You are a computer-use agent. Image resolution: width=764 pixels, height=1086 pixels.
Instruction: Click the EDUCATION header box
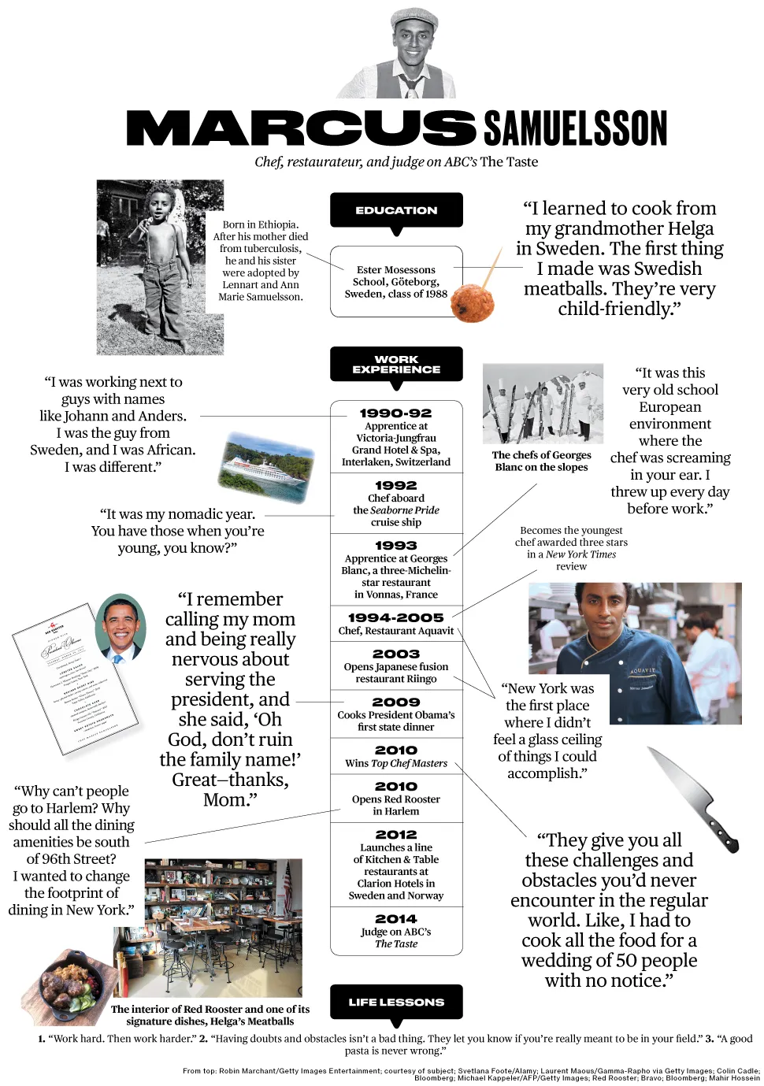[396, 210]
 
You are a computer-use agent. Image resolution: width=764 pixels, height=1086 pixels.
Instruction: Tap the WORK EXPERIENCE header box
[396, 364]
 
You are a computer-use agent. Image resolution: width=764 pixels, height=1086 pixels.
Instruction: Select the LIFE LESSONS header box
[396, 1002]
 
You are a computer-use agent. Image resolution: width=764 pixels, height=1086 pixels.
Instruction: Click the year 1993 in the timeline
[395, 545]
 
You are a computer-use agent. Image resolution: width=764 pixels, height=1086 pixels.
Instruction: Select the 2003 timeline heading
[395, 654]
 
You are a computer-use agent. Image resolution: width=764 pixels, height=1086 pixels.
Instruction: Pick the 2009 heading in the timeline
[395, 702]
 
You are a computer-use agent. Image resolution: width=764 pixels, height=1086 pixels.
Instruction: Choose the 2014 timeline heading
[395, 919]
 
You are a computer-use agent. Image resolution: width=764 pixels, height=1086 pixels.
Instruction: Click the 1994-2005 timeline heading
[395, 617]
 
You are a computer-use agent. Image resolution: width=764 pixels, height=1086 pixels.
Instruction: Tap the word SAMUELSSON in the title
[575, 128]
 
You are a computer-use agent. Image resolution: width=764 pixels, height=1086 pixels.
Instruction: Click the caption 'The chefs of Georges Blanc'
[541, 461]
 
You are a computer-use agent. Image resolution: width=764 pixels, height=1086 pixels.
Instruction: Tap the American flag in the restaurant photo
[287, 880]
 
